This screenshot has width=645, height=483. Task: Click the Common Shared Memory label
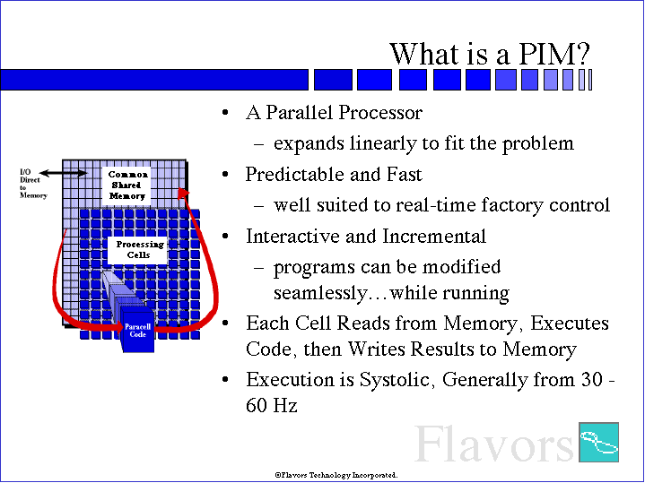[x=127, y=185]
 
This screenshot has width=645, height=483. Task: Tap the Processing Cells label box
[x=138, y=249]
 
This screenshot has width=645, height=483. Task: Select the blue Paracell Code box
[x=138, y=332]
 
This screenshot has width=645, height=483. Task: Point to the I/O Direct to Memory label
[x=33, y=184]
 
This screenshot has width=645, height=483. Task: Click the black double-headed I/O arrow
[x=64, y=174]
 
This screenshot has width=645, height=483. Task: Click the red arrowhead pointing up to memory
[x=184, y=194]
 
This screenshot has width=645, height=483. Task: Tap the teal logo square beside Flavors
[x=598, y=442]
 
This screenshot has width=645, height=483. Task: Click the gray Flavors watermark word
[x=493, y=444]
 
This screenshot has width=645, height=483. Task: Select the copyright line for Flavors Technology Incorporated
[x=336, y=475]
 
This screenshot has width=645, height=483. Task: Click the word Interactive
[x=292, y=236]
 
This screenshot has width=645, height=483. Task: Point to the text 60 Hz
[x=272, y=405]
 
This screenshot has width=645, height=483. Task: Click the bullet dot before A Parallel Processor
[x=224, y=113]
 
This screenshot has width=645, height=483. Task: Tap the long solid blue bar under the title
[x=154, y=80]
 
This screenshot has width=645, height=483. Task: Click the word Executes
[x=570, y=323]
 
